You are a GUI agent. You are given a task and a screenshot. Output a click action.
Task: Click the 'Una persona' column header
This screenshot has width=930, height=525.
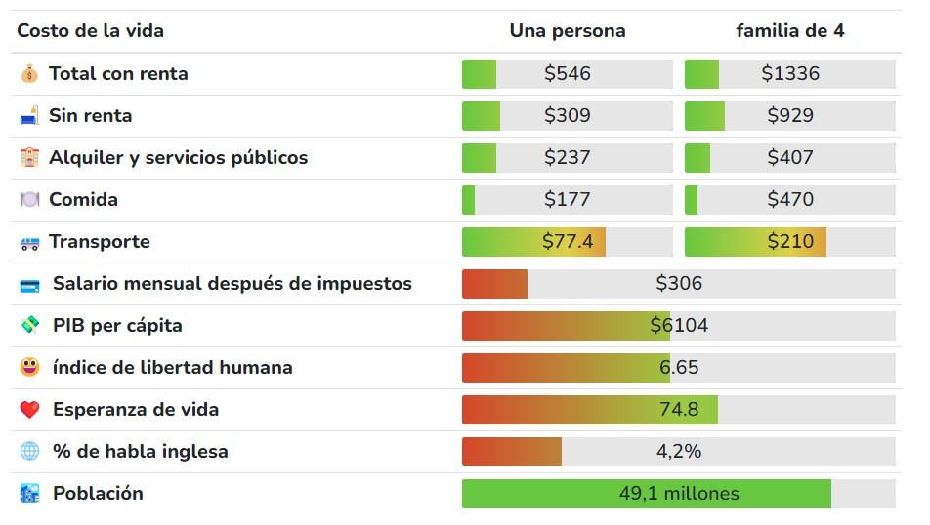click(x=567, y=31)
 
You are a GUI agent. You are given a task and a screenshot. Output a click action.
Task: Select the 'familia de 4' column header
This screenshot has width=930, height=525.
click(x=789, y=31)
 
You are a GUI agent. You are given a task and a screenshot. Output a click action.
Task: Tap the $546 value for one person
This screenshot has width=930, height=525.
click(x=567, y=74)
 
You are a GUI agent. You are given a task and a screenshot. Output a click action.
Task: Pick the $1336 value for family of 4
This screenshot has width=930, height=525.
click(x=789, y=74)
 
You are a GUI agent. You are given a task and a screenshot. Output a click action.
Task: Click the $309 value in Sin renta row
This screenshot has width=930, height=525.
click(x=567, y=116)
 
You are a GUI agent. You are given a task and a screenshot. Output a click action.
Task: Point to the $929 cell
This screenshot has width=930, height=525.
click(x=789, y=116)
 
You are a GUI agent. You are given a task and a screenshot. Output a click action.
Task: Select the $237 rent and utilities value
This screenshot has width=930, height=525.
click(x=567, y=158)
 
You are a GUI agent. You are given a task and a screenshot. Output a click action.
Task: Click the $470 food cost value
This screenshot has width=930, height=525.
click(x=789, y=200)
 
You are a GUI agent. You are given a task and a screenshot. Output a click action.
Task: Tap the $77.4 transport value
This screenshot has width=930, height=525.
click(x=567, y=242)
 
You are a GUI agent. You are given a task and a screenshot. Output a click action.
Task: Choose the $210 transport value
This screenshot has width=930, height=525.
click(x=789, y=242)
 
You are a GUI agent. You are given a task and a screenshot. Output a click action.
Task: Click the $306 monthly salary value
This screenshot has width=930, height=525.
click(x=678, y=284)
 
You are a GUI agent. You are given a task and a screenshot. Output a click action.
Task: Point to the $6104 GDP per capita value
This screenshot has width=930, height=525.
click(x=678, y=326)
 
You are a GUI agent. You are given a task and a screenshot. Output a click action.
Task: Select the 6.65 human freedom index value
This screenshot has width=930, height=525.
click(x=678, y=368)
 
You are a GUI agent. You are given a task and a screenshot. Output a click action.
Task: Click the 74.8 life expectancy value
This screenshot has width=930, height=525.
click(x=678, y=410)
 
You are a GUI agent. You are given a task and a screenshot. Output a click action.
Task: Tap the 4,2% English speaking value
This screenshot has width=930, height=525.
click(x=678, y=452)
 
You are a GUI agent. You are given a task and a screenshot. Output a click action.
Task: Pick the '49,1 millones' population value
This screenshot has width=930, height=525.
click(x=678, y=494)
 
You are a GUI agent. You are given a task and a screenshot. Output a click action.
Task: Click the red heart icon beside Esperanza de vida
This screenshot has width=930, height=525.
click(x=30, y=410)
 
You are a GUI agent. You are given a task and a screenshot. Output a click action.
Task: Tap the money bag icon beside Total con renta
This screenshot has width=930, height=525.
click(x=30, y=74)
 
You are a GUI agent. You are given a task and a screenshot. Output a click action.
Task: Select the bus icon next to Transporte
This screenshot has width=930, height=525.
click(x=30, y=242)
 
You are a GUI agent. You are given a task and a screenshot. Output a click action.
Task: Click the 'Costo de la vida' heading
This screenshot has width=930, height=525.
click(x=90, y=31)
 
